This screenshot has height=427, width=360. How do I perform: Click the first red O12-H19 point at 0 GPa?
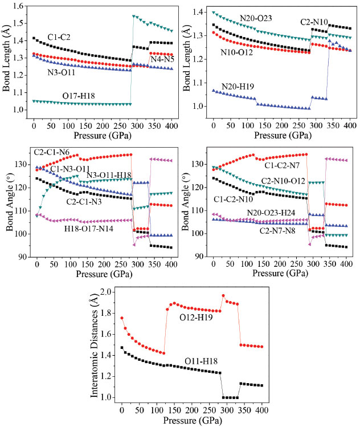[x=121, y=318]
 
